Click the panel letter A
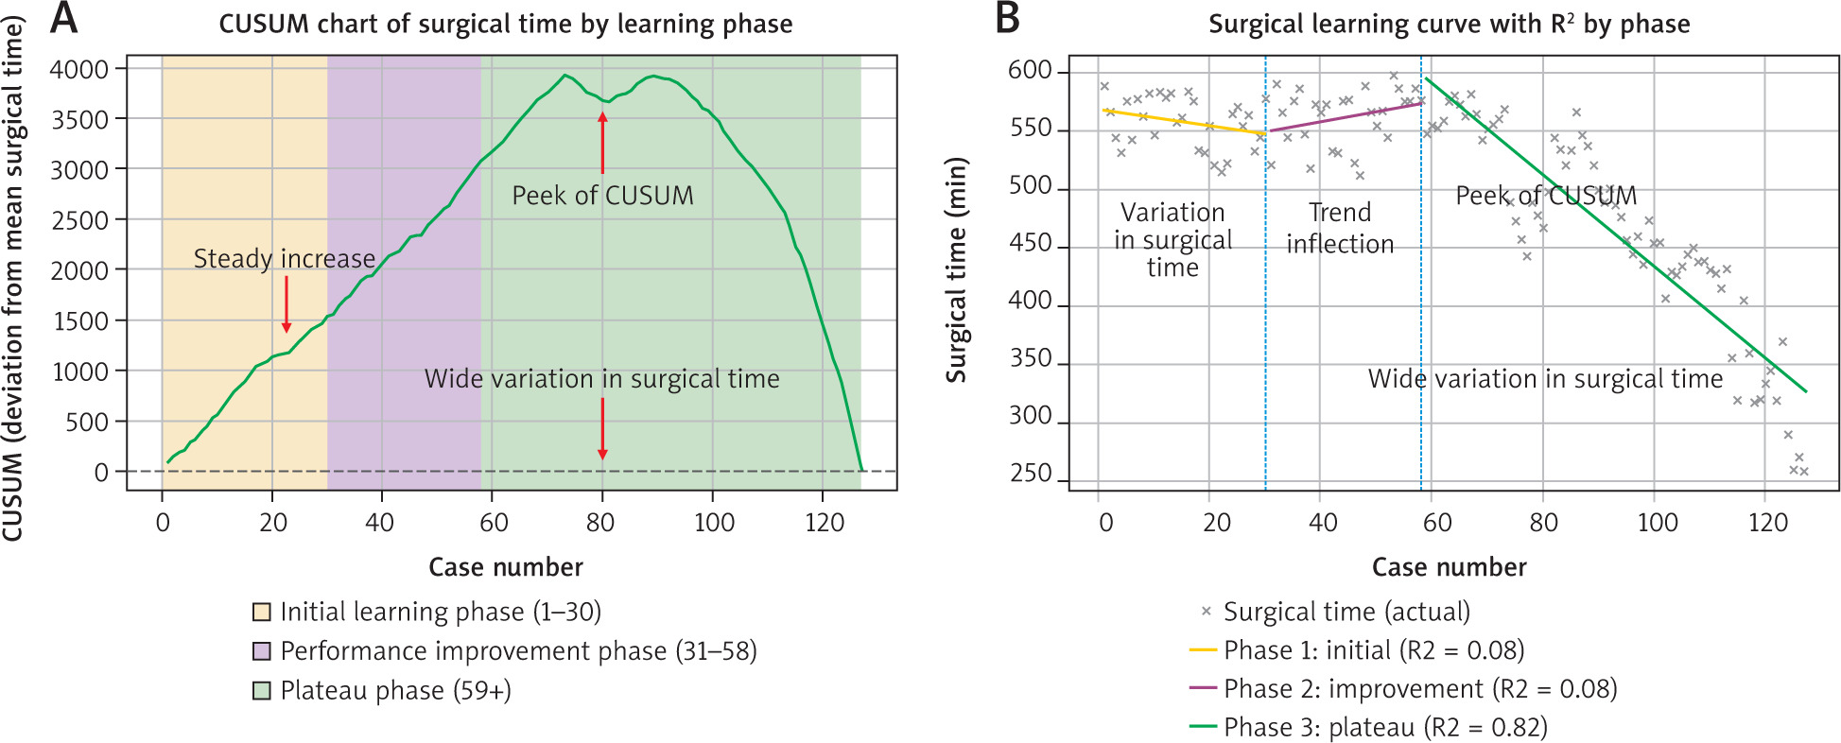(62, 19)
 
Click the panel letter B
(1008, 19)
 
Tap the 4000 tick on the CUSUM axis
(79, 69)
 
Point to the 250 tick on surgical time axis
(1031, 473)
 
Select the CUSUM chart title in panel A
(506, 24)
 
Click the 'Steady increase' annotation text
(284, 258)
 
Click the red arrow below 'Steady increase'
(287, 304)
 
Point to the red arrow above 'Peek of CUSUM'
(602, 142)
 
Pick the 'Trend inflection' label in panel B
(1340, 228)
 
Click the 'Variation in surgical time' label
(1172, 240)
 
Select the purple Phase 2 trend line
(1343, 117)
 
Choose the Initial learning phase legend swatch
(262, 612)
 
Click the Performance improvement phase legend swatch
(262, 651)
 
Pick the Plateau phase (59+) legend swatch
(262, 690)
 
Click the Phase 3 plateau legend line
(1202, 727)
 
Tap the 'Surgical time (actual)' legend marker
(1206, 612)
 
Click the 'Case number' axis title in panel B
(1449, 567)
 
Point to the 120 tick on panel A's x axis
(824, 523)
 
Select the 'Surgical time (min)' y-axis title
(957, 269)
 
